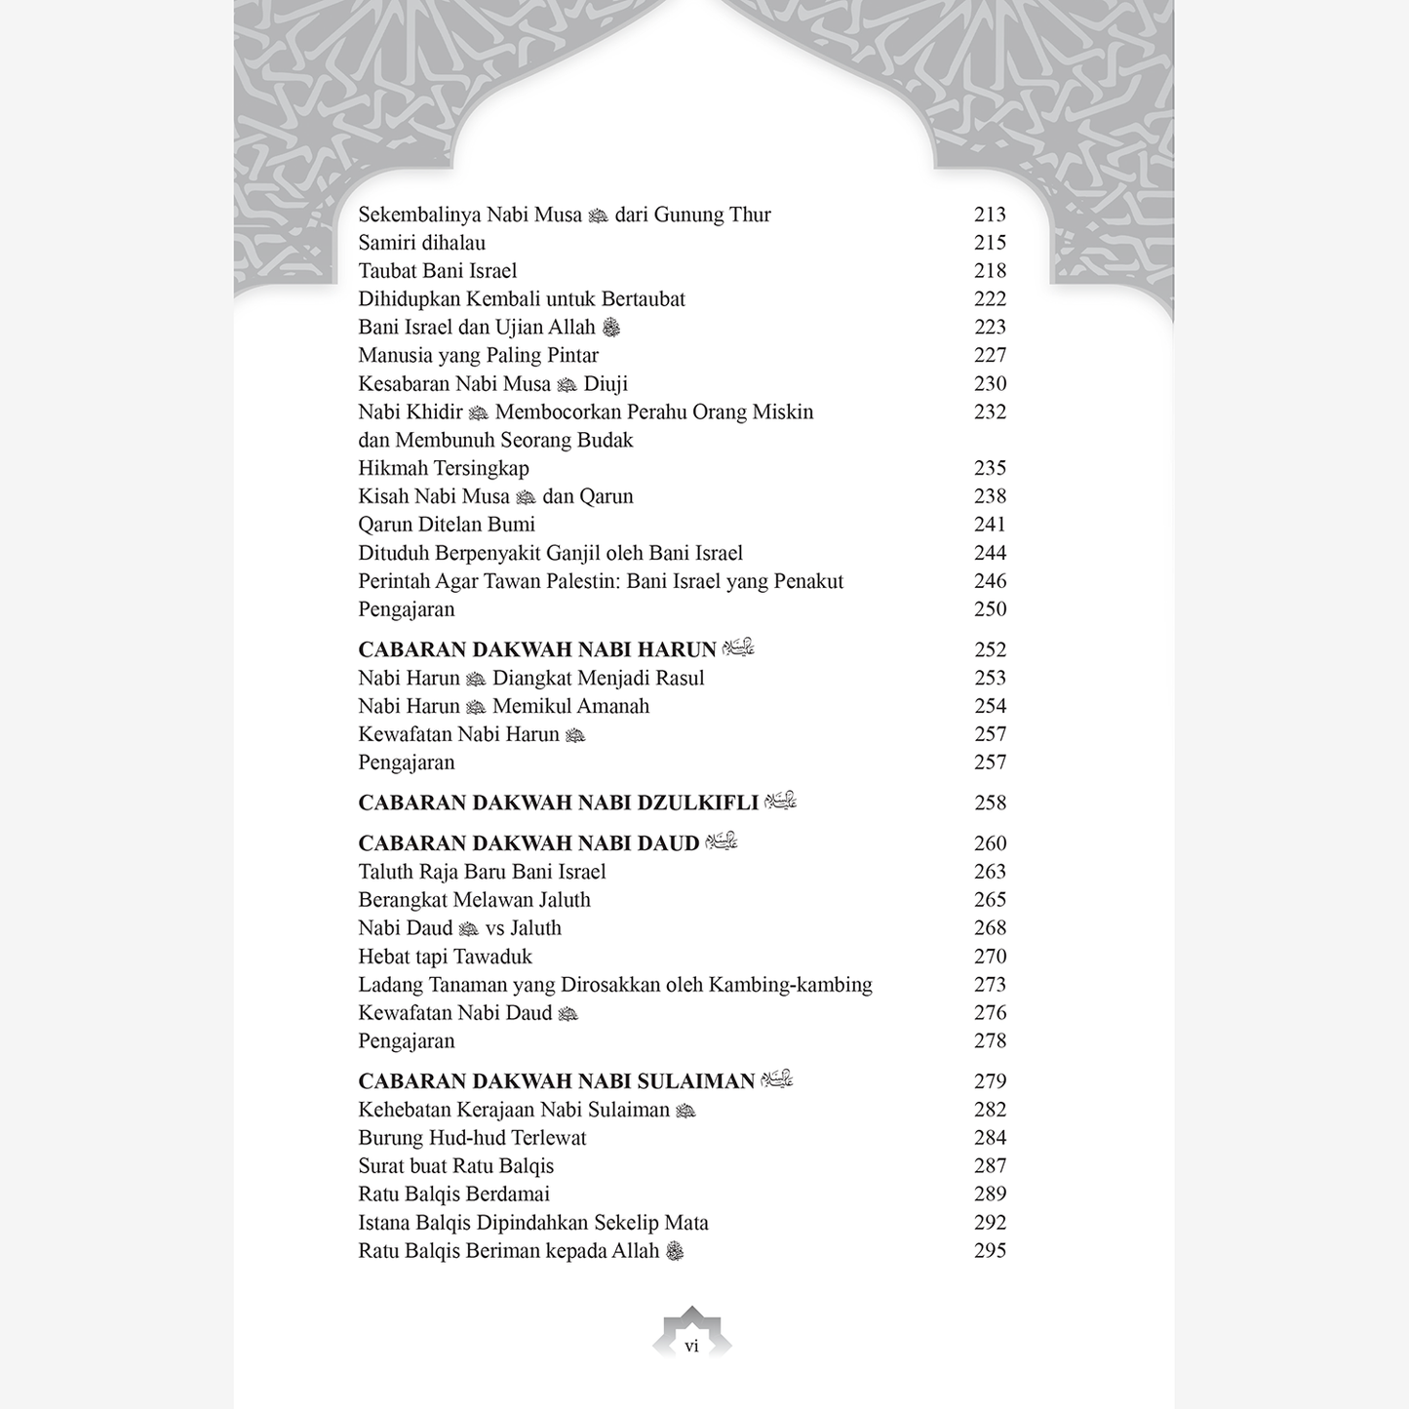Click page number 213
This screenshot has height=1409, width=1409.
[990, 215]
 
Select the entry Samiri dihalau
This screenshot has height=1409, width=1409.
[421, 243]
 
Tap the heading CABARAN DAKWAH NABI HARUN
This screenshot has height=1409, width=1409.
[537, 649]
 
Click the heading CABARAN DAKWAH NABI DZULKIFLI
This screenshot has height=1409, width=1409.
[558, 802]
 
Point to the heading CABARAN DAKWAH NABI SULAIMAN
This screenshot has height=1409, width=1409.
[557, 1081]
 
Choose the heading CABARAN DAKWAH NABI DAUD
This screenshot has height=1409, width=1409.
[528, 843]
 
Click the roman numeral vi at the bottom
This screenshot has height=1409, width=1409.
[691, 1347]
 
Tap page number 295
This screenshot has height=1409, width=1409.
[990, 1251]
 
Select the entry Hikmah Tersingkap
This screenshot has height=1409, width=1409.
[444, 468]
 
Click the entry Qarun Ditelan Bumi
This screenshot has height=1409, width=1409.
[447, 525]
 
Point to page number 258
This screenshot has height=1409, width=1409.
[990, 802]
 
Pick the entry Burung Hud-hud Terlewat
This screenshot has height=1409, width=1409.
[472, 1138]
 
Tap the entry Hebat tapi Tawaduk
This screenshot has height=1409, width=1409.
[445, 957]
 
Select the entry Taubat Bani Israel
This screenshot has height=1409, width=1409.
[438, 271]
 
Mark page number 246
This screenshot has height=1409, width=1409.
[990, 581]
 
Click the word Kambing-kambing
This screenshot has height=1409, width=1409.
[790, 985]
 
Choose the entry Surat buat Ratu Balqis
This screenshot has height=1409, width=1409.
[455, 1166]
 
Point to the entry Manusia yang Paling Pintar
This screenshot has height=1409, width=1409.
[478, 356]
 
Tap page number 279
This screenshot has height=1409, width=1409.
[990, 1081]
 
